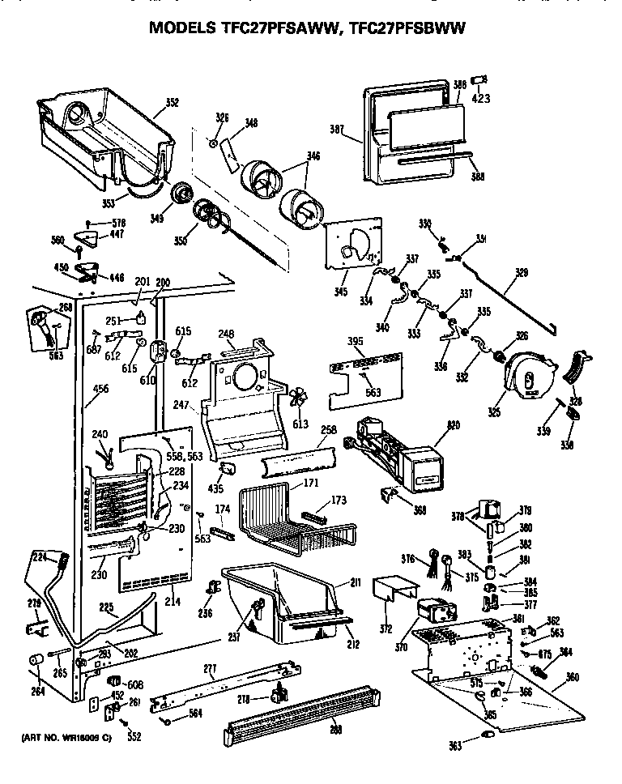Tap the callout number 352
(x=172, y=103)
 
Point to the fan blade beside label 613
(x=299, y=398)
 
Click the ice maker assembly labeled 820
(x=389, y=454)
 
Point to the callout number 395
(x=355, y=342)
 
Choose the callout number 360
(x=572, y=676)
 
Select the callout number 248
(x=226, y=332)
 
